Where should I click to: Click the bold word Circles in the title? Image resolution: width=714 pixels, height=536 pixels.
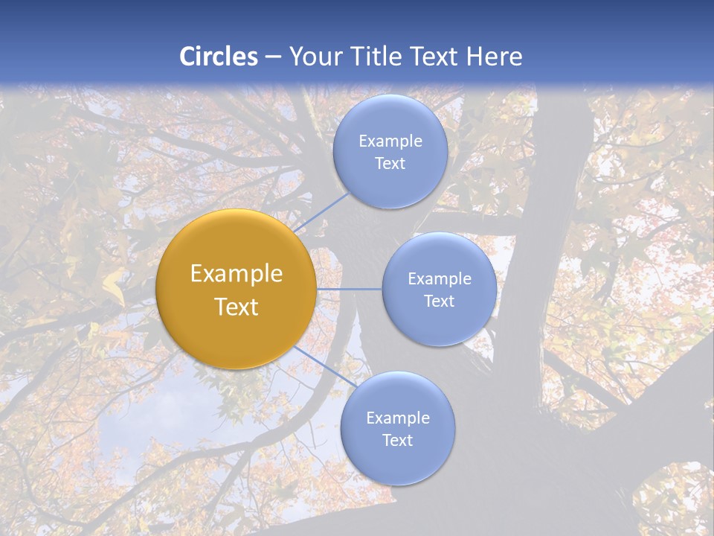click(x=218, y=57)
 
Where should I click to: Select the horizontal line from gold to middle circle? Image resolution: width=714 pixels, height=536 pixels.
click(x=349, y=289)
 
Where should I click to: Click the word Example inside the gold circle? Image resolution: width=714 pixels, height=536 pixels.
click(x=237, y=274)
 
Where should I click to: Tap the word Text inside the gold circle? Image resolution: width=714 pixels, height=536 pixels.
click(x=237, y=307)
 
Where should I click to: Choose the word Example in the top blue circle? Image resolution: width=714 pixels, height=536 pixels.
click(x=390, y=141)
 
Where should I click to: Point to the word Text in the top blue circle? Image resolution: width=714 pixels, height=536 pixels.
click(x=390, y=164)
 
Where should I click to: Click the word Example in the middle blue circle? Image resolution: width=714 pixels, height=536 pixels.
click(x=440, y=279)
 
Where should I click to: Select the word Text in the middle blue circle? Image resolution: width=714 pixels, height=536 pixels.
click(x=439, y=301)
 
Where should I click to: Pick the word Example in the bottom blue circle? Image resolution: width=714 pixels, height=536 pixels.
click(x=398, y=418)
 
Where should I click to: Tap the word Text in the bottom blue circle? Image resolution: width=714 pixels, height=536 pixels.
click(x=397, y=441)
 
